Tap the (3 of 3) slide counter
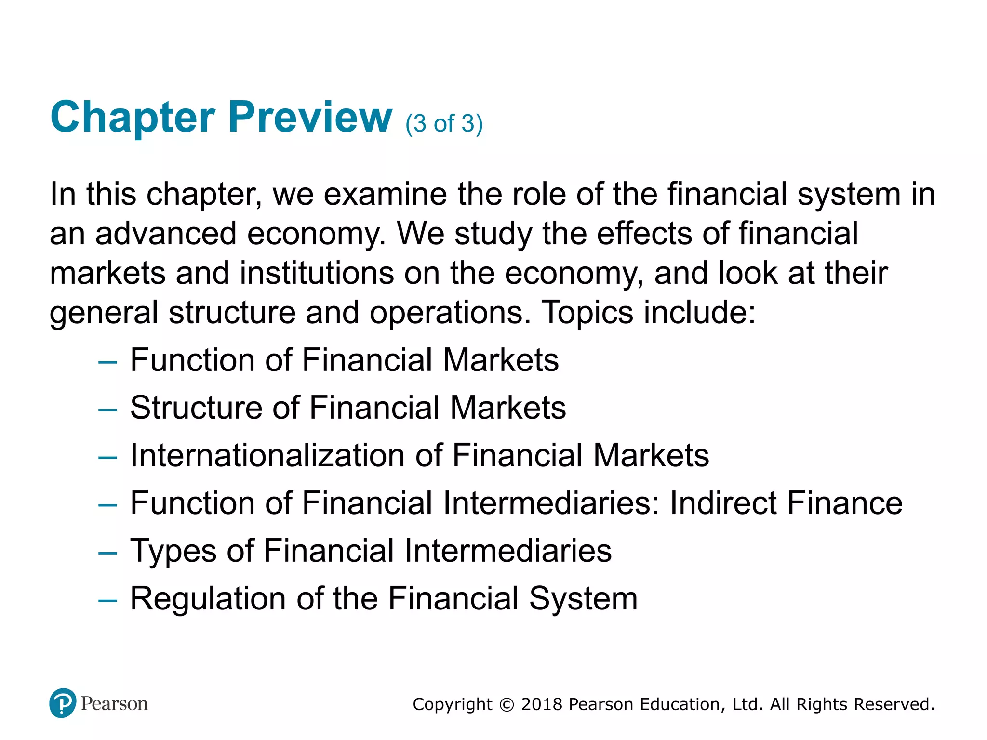(444, 124)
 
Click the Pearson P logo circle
(63, 703)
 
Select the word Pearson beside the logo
(114, 704)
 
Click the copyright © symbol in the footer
(507, 705)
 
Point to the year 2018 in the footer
(542, 704)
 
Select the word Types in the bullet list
(173, 551)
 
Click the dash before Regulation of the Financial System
(107, 600)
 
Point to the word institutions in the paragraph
(317, 273)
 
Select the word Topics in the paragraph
(587, 313)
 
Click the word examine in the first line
(385, 194)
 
